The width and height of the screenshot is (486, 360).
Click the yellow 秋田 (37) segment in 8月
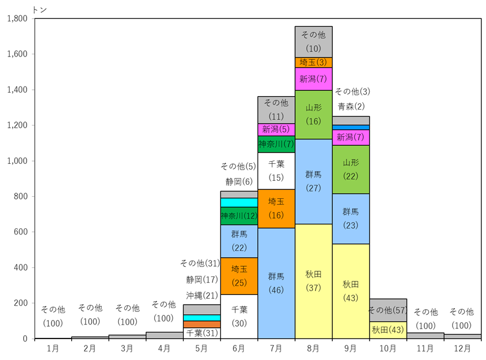314,281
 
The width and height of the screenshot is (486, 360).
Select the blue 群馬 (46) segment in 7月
276,283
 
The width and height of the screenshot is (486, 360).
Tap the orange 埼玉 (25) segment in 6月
239,276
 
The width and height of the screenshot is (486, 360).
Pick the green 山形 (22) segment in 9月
350,170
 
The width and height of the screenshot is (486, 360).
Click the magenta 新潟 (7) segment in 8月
314,79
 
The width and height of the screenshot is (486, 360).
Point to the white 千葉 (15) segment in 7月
276,171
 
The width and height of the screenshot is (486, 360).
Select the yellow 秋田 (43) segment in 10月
388,330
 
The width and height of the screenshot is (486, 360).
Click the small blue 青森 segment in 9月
350,128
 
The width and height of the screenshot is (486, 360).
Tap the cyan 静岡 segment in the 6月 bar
239,202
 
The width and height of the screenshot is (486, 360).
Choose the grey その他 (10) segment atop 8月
314,42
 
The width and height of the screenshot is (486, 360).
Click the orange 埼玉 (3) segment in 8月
314,63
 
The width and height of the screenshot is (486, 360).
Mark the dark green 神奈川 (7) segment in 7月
276,144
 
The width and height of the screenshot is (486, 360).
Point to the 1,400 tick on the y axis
33,90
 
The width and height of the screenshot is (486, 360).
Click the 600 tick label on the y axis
20,232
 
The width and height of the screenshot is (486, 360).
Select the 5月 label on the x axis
202,349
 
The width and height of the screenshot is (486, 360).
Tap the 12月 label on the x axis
462,349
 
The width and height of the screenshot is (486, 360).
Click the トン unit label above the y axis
40,10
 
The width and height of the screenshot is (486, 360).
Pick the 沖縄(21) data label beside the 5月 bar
202,296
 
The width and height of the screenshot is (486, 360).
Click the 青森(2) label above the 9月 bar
351,107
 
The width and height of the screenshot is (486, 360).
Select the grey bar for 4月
164,335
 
